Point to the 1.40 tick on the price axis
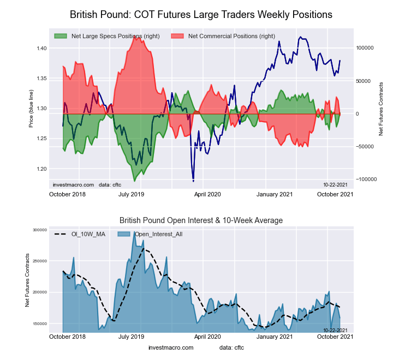[x=41, y=49]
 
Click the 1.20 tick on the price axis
[x=41, y=169]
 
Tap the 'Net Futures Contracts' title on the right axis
[x=381, y=109]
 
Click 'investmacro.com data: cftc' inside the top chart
[x=86, y=184]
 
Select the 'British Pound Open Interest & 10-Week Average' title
[x=201, y=220]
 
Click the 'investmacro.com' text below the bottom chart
[x=171, y=347]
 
